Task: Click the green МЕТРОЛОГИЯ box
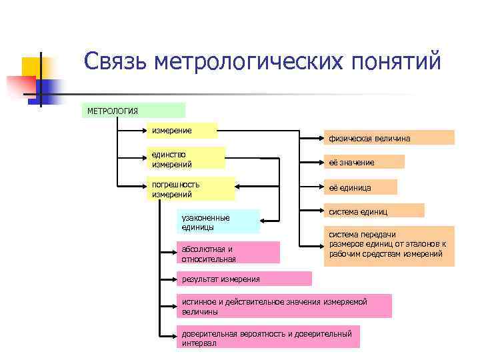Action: (x=133, y=110)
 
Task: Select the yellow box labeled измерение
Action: (x=183, y=130)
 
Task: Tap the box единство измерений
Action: (x=186, y=159)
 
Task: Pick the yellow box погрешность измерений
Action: (x=191, y=189)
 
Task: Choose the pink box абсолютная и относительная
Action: (x=227, y=253)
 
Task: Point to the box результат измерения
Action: (x=244, y=279)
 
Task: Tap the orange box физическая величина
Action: (x=389, y=138)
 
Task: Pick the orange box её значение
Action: (x=363, y=162)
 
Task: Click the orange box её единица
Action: (x=360, y=187)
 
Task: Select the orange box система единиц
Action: (x=373, y=211)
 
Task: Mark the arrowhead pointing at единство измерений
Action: (x=228, y=159)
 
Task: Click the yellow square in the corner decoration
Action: (x=31, y=67)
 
